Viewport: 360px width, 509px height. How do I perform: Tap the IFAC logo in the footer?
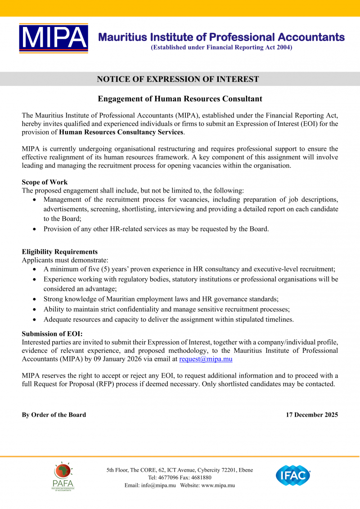293,476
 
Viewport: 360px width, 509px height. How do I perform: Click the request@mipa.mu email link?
206,359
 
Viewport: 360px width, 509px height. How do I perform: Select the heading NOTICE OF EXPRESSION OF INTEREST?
178,79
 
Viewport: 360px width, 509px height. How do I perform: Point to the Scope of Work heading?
45,182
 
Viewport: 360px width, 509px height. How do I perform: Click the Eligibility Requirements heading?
60,252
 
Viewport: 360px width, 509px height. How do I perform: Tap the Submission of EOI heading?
52,333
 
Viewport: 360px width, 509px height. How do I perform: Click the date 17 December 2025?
312,414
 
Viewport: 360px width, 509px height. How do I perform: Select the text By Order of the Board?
54,414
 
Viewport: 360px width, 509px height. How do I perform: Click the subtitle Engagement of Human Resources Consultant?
180,99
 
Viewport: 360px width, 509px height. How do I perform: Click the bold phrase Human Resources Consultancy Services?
121,132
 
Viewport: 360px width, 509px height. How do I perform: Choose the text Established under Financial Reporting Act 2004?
221,47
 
